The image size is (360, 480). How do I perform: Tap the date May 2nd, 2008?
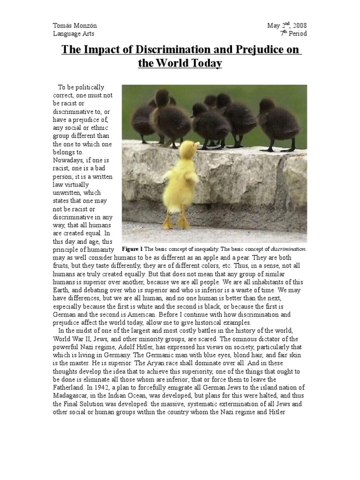point(287,25)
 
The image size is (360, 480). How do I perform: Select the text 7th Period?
point(293,34)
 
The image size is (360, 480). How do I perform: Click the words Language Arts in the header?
point(74,34)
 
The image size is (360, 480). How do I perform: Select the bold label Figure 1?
point(132,248)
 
